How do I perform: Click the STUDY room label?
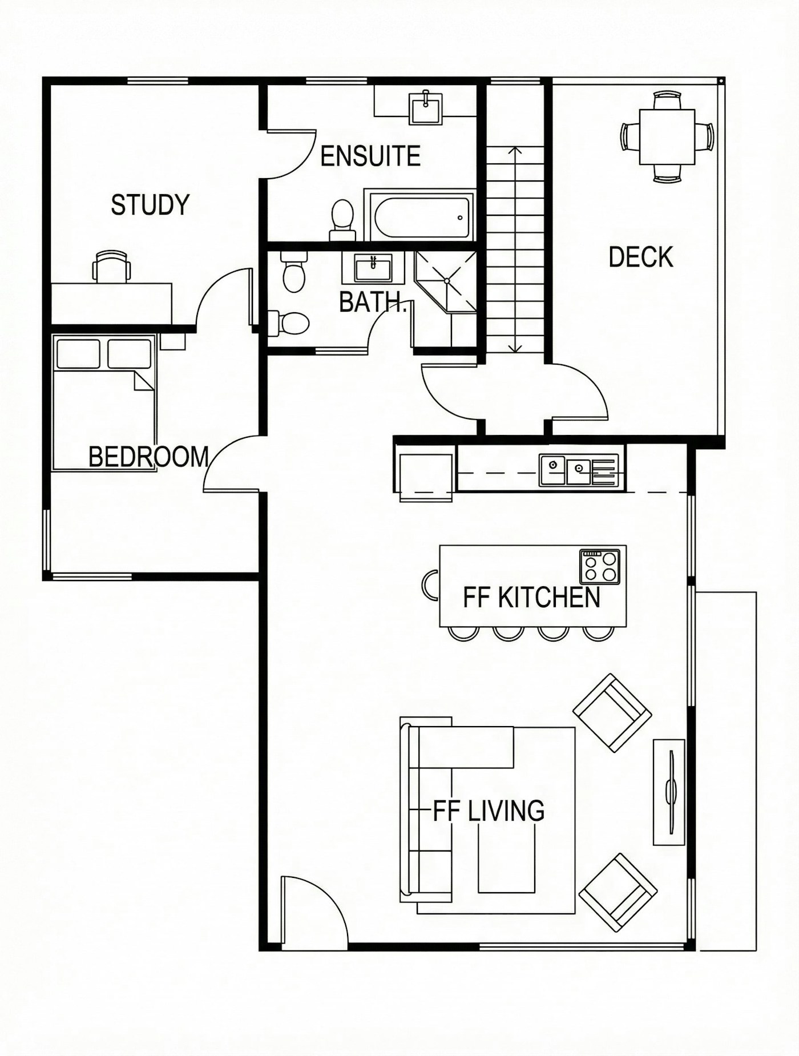(150, 205)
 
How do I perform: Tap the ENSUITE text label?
(370, 156)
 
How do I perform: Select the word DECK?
(640, 257)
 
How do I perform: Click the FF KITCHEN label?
(531, 598)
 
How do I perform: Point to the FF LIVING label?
(489, 811)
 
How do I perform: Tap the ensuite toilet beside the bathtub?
(342, 220)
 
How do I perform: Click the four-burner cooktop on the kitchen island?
(600, 566)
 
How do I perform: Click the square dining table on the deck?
(667, 136)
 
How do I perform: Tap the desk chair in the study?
(112, 267)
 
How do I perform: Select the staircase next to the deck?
(515, 248)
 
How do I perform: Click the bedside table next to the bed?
(172, 341)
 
